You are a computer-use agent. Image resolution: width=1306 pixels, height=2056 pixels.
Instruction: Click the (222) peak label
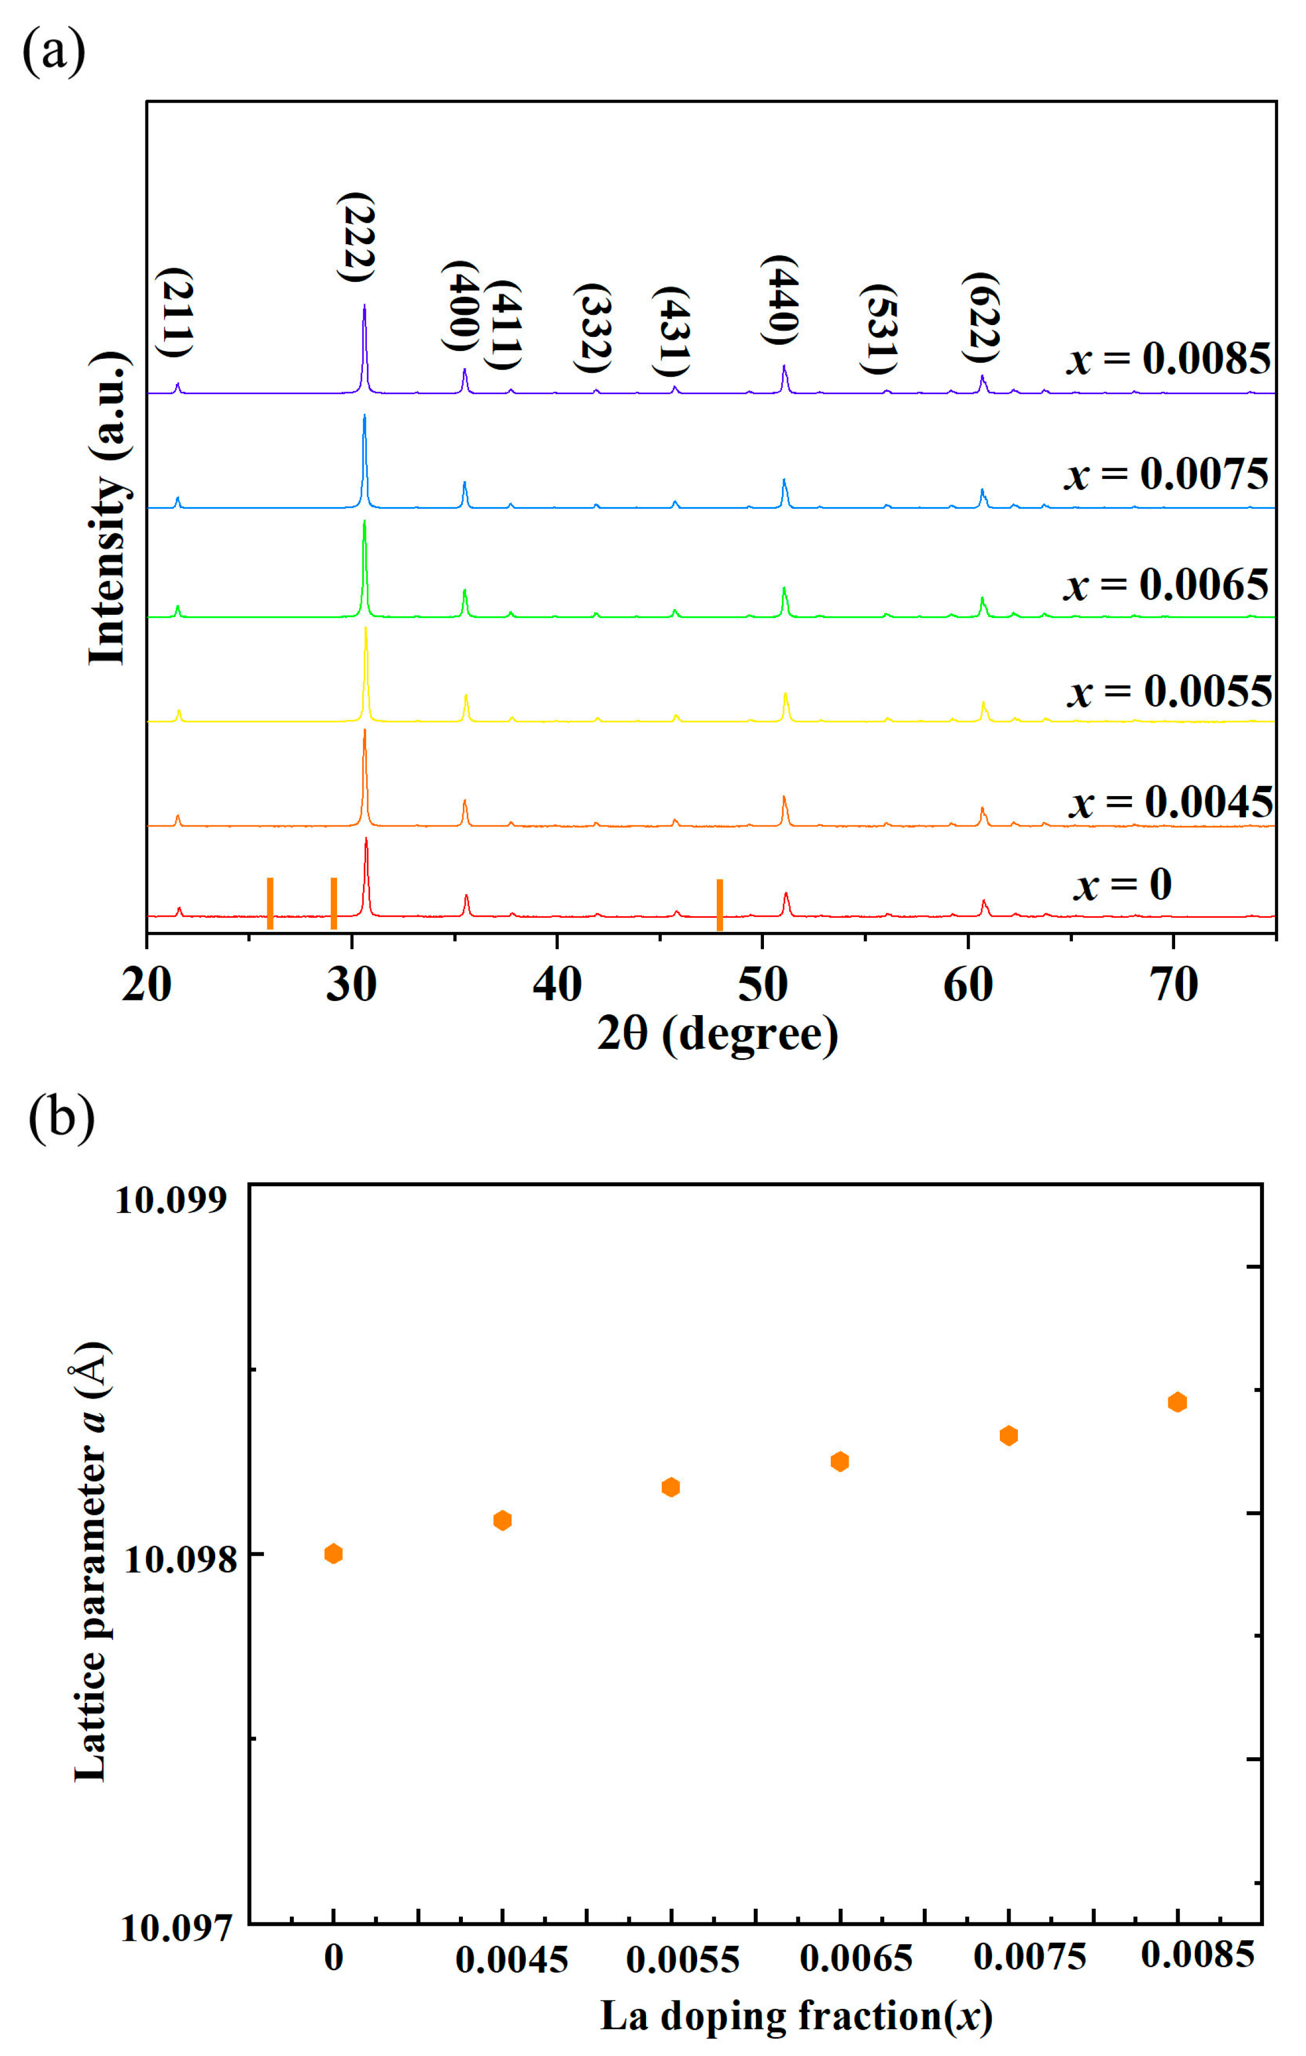(356, 238)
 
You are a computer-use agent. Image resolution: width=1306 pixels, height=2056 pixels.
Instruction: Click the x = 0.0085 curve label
(1168, 359)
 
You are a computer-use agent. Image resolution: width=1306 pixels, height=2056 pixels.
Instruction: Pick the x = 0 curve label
(1122, 885)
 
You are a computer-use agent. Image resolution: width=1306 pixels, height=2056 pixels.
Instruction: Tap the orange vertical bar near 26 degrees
(270, 903)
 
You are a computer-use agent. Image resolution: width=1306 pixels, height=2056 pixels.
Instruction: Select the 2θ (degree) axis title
(717, 1034)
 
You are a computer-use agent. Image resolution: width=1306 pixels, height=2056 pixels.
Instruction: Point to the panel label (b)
(61, 1117)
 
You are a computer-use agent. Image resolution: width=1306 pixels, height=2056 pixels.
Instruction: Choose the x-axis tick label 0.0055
(682, 1959)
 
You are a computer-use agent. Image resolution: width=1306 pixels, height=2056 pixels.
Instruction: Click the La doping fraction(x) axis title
(796, 2017)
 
